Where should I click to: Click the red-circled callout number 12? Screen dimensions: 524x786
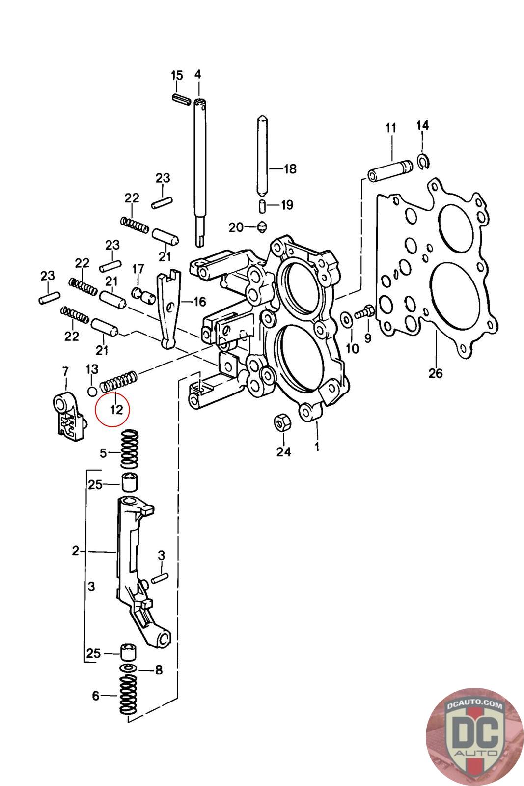point(116,410)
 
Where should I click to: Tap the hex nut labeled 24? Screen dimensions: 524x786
point(282,423)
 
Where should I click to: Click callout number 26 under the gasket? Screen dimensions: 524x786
point(435,373)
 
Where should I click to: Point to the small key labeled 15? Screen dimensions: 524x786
point(181,98)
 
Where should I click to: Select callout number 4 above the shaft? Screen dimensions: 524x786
point(198,74)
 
